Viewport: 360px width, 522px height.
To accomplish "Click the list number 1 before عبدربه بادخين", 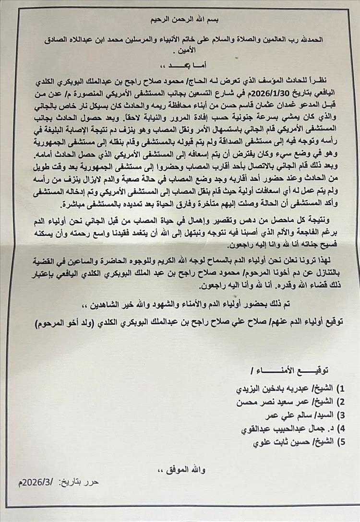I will pyautogui.click(x=341, y=388).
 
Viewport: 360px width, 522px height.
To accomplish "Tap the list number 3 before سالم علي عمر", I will pyautogui.click(x=341, y=415).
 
